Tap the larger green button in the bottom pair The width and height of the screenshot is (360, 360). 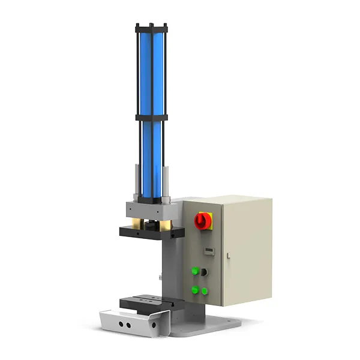195,290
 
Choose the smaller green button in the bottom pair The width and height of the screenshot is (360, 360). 205,292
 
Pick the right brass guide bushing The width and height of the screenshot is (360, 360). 164,226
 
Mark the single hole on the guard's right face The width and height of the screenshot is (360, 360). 155,325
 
